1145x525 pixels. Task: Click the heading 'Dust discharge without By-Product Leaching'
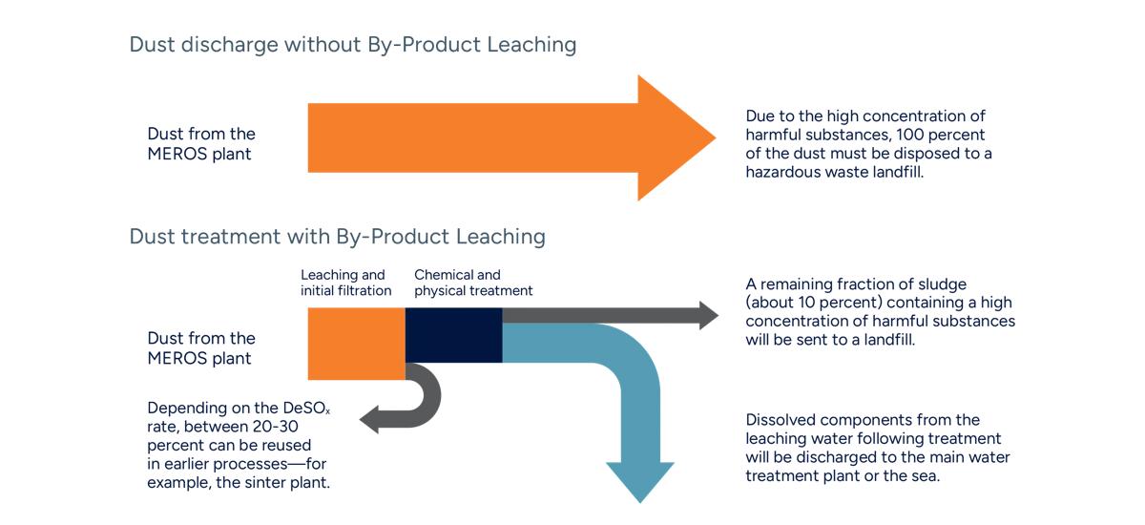tap(352, 45)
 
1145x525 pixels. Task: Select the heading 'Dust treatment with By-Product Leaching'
tap(337, 236)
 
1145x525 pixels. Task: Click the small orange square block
tap(357, 344)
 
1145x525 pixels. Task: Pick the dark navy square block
tap(454, 335)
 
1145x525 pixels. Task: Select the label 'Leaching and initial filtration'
tap(345, 283)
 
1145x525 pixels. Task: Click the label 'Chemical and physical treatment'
tap(473, 283)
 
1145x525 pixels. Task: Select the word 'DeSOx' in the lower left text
tap(303, 409)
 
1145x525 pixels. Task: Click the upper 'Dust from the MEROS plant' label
tap(201, 143)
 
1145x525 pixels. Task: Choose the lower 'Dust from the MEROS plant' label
tap(201, 348)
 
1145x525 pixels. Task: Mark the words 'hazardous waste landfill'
tap(834, 172)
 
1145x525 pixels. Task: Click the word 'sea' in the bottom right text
tap(926, 475)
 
